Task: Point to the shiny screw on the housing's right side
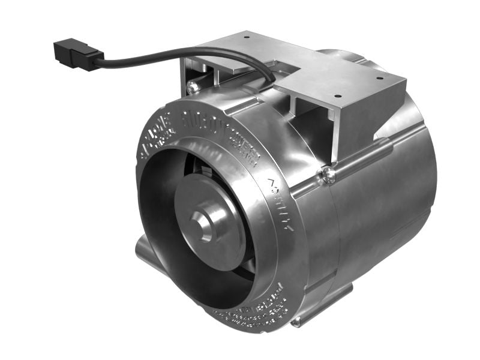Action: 328,175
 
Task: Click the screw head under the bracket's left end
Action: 193,88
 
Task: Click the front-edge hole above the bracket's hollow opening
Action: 337,95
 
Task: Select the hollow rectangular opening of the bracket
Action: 312,126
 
